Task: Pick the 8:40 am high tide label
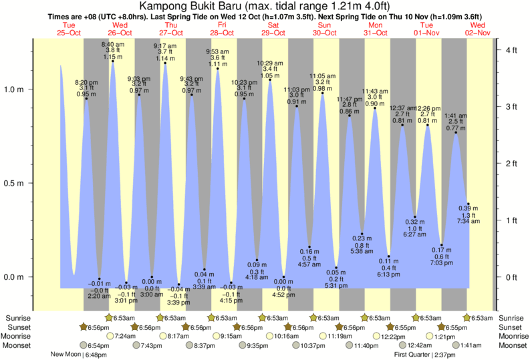pyautogui.click(x=112, y=50)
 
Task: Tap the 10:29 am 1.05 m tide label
pyautogui.click(x=270, y=69)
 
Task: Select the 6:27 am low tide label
pyautogui.click(x=414, y=228)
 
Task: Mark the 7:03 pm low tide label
pyautogui.click(x=441, y=256)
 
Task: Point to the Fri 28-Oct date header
pyautogui.click(x=222, y=29)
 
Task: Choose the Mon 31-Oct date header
pyautogui.click(x=375, y=29)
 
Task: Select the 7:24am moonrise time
pyautogui.click(x=127, y=336)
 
